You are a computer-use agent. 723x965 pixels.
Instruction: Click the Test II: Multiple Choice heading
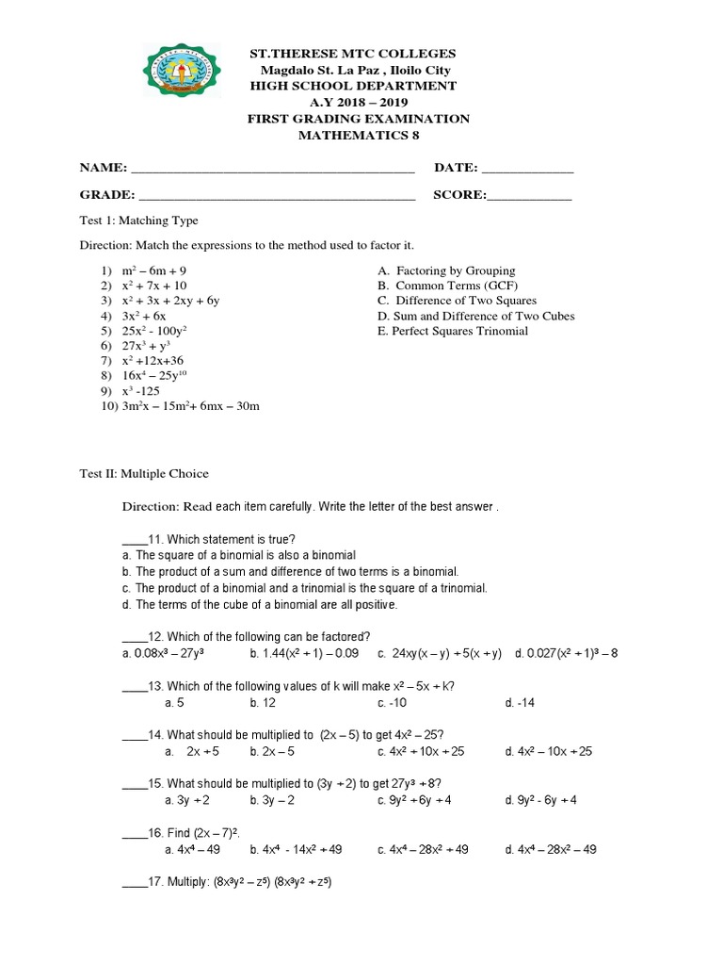143,473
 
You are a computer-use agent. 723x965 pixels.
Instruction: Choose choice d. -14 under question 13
519,702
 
